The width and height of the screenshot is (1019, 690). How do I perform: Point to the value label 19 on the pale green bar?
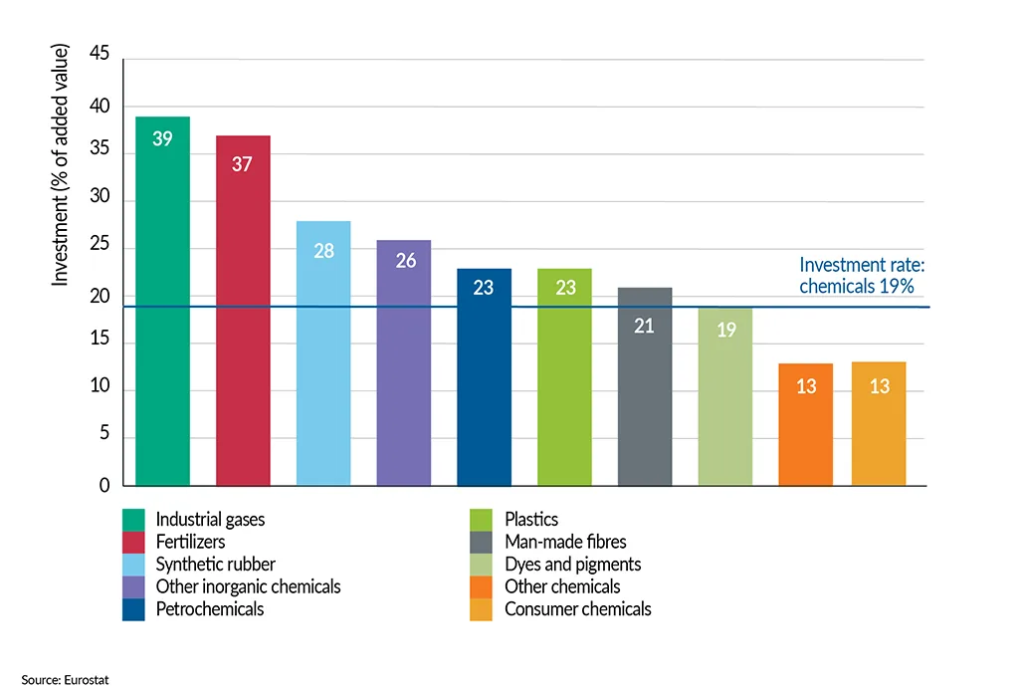coord(725,330)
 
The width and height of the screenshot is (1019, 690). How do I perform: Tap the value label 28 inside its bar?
coord(323,251)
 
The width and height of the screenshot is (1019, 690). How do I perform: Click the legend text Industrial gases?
coord(211,520)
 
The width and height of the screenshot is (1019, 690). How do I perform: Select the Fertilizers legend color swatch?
coord(134,542)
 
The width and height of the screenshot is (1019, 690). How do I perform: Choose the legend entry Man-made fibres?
coord(565,542)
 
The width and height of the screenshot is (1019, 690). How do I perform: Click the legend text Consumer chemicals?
coord(577,608)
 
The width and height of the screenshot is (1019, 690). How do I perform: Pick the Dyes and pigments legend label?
coord(572,565)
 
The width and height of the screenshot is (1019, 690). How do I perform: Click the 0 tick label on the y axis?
coord(103,486)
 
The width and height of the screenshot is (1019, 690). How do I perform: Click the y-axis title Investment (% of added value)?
coord(61,164)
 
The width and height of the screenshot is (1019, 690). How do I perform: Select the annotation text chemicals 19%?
coord(857,286)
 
